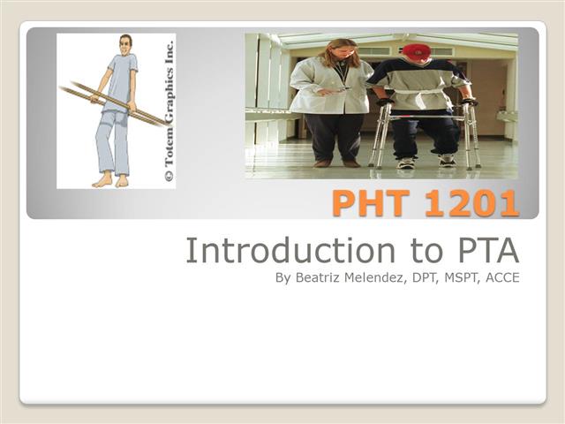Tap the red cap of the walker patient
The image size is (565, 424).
pos(417,51)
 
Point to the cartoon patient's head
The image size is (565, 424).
pos(125,44)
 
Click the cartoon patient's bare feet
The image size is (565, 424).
pos(111,179)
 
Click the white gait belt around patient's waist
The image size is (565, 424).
pos(419,91)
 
